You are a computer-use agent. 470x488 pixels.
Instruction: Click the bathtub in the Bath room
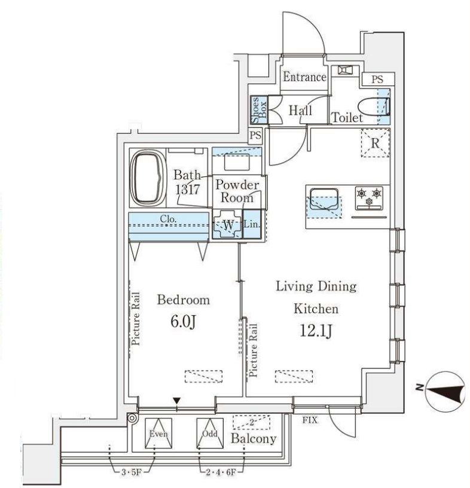click(x=148, y=178)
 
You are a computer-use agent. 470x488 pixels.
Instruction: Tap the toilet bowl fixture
click(x=380, y=106)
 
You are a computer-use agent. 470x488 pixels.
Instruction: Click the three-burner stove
click(x=369, y=199)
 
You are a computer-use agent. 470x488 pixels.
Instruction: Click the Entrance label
click(x=304, y=77)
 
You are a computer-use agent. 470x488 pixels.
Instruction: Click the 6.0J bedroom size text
click(x=183, y=322)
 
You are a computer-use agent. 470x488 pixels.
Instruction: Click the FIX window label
click(x=309, y=420)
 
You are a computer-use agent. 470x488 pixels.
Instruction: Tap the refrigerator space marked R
click(x=374, y=144)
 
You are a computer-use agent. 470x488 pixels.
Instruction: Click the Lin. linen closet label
click(x=251, y=225)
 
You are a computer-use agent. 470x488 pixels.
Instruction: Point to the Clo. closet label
click(x=168, y=219)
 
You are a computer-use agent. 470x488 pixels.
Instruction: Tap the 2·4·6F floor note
click(x=218, y=472)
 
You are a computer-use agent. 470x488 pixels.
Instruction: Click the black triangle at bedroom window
click(x=176, y=400)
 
